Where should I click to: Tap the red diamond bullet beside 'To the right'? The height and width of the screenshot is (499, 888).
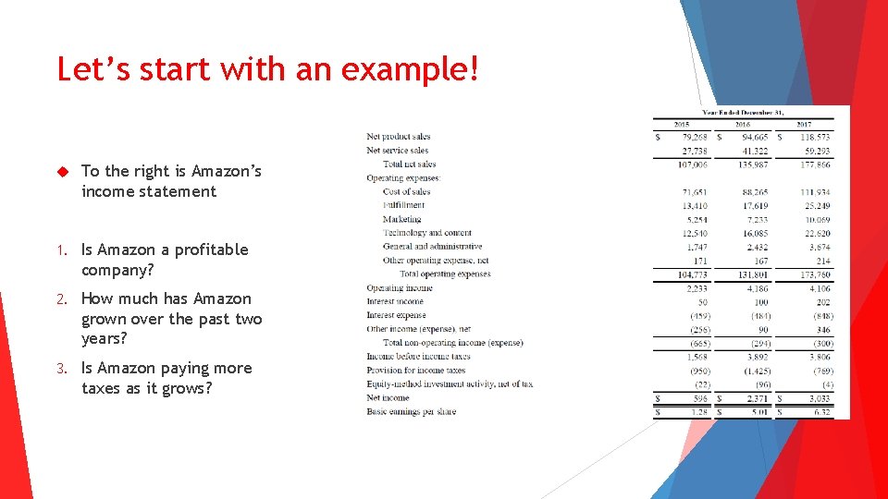pos(64,171)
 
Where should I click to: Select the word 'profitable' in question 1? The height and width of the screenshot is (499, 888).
pos(203,249)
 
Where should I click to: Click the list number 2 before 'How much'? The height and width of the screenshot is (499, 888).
pos(60,298)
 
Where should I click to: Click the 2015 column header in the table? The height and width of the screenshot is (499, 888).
pos(682,124)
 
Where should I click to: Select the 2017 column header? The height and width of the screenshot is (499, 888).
pos(804,124)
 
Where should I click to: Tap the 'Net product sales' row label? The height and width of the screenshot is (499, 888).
pos(398,137)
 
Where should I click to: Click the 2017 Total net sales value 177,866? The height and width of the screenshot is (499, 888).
pos(815,164)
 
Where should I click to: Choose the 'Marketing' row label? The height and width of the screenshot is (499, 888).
pos(401,219)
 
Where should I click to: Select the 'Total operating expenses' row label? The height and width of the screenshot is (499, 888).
pos(445,274)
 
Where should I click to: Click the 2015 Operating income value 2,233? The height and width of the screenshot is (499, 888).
pos(697,288)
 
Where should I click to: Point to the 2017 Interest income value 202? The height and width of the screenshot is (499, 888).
pos(822,302)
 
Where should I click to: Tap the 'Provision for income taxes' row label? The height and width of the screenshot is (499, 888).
pos(415,371)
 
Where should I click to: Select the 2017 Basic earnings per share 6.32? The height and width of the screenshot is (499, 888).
pos(820,412)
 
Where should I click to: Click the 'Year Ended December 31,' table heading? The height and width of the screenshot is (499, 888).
pos(743,112)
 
